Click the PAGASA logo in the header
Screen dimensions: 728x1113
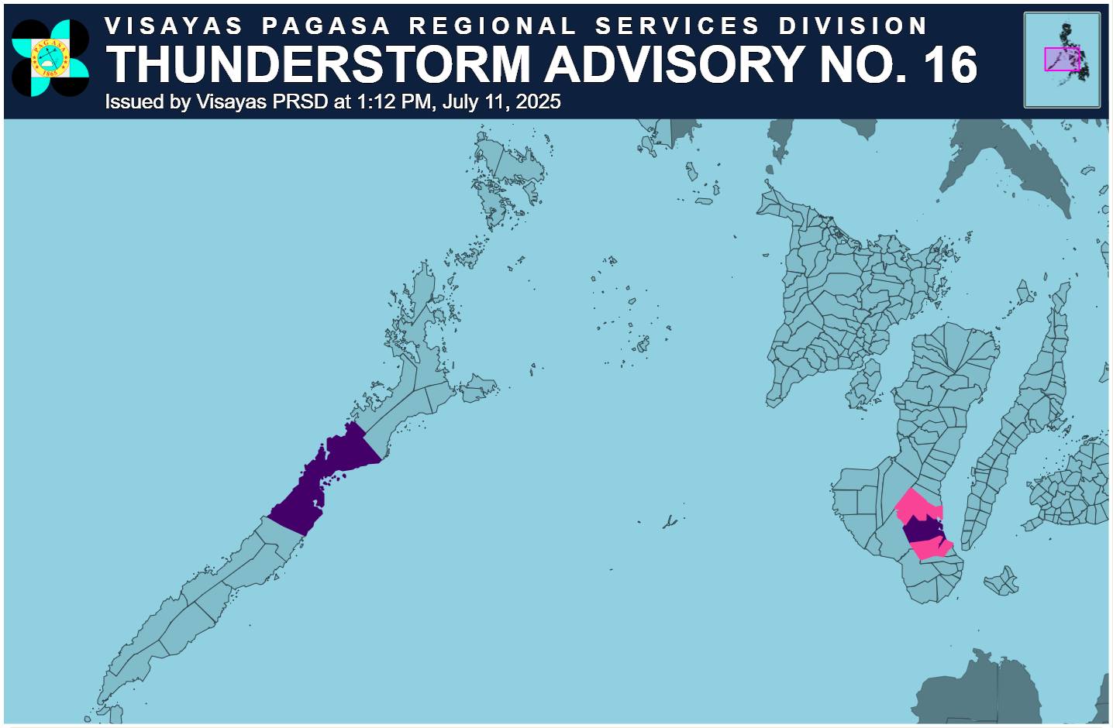click(50, 59)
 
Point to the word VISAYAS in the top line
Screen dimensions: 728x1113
click(174, 26)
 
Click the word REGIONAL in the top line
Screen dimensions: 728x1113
click(493, 26)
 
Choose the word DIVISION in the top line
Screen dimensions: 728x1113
click(853, 26)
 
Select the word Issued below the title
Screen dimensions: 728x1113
click(133, 101)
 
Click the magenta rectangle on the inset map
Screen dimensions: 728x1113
click(1061, 59)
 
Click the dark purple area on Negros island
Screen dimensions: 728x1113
click(922, 530)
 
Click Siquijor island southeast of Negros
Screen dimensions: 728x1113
click(1002, 581)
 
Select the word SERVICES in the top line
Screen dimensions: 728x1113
click(677, 26)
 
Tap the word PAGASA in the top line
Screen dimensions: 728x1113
click(326, 26)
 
